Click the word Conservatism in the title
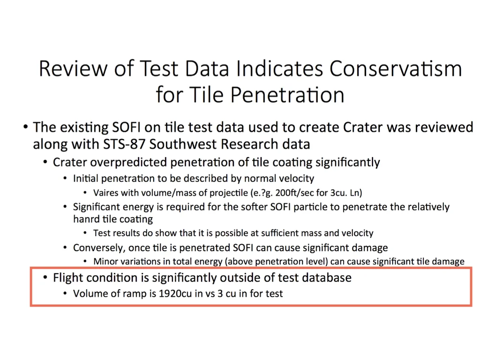(x=396, y=68)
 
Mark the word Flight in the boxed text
(x=67, y=278)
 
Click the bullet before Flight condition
(x=45, y=277)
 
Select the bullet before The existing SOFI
(x=26, y=127)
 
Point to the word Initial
(x=85, y=179)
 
